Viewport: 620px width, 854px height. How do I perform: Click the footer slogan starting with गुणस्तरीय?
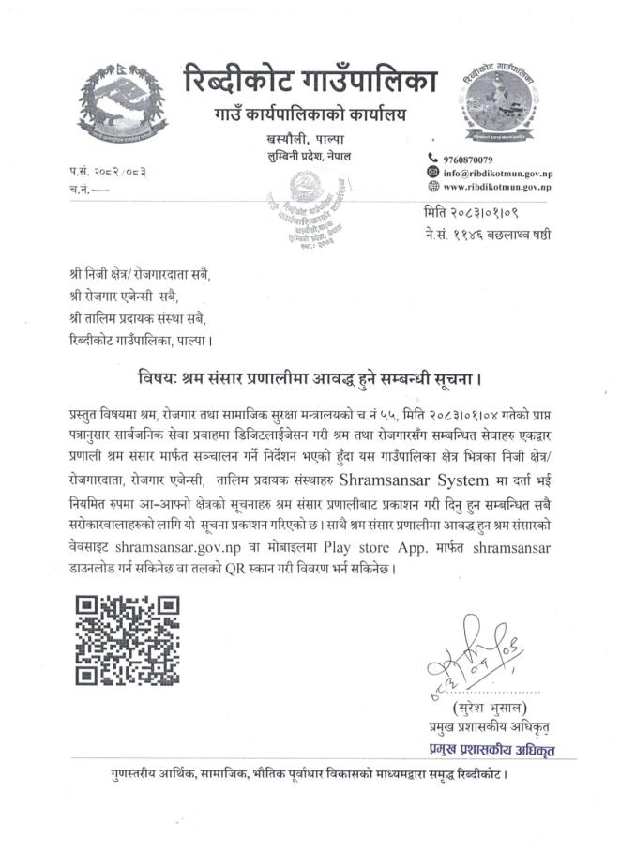[310, 775]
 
